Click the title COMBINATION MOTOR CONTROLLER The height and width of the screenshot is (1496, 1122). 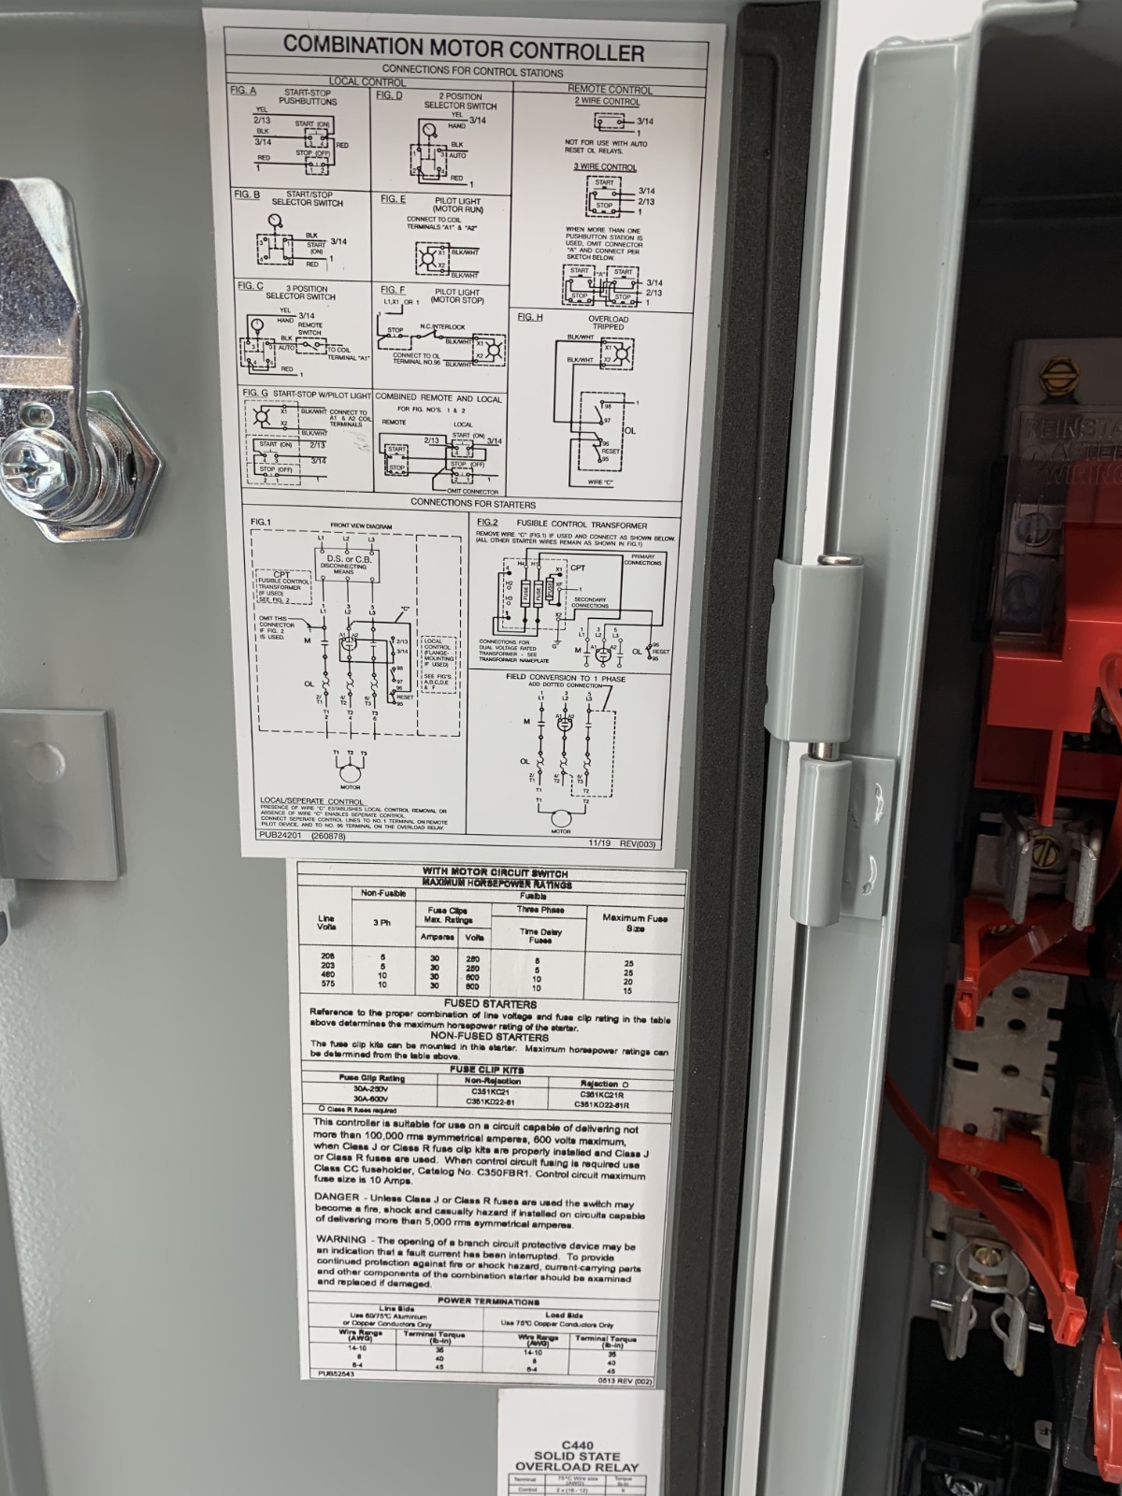[x=464, y=48]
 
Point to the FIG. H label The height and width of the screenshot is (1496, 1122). [x=530, y=317]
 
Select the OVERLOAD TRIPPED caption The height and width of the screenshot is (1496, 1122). [x=608, y=323]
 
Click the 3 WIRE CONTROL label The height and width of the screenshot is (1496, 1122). [x=605, y=166]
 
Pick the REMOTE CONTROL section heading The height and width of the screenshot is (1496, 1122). [x=610, y=90]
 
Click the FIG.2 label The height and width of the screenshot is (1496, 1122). [x=487, y=521]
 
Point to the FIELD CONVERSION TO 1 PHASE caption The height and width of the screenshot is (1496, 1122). [x=566, y=678]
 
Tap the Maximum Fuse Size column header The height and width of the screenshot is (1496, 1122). [x=635, y=924]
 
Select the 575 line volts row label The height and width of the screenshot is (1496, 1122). [x=327, y=985]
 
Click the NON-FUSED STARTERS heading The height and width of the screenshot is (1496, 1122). [x=490, y=1036]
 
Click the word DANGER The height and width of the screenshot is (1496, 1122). [x=336, y=1196]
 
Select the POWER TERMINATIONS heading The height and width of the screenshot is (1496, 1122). [x=487, y=1302]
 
